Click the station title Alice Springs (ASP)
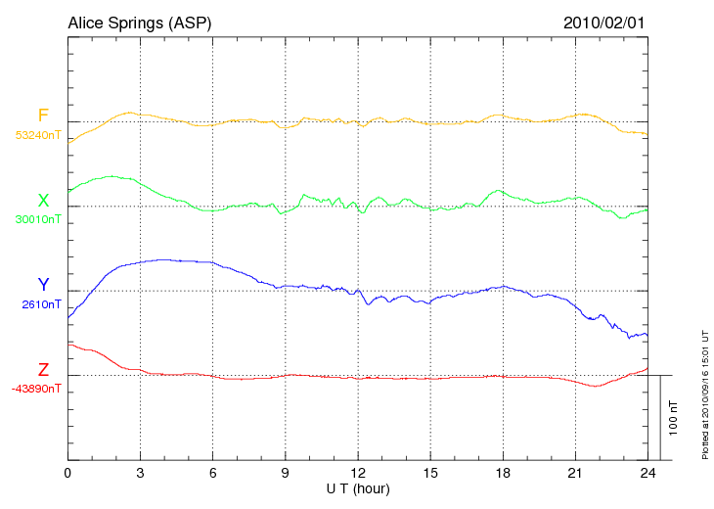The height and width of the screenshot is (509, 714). coord(139,22)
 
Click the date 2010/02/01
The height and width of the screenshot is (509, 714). coord(604,22)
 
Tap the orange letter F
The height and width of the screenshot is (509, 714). coord(43,116)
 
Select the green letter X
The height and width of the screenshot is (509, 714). coord(43,201)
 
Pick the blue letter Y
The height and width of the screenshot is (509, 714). coord(43,285)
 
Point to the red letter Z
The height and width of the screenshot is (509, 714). coord(43,370)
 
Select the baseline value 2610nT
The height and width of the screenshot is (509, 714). coord(41,304)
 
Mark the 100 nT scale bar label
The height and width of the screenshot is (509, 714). coord(674,418)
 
